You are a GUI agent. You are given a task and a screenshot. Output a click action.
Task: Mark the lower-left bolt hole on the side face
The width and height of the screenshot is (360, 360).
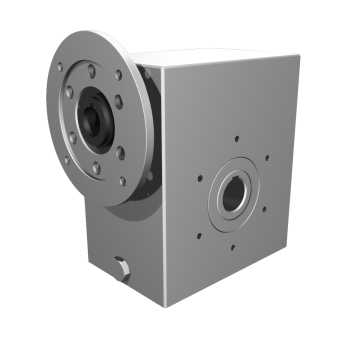click(201, 236)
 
